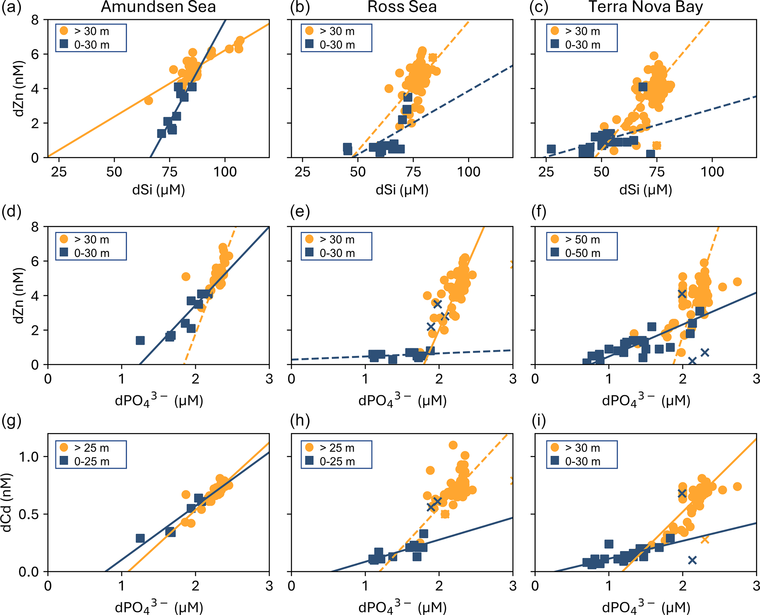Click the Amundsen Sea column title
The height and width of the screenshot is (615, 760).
pos(158,7)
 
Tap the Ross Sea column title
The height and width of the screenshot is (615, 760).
pos(402,7)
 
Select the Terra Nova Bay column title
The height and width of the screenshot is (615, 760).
pos(646,7)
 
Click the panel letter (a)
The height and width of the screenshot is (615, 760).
pos(11,7)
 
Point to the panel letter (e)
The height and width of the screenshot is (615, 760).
pos(300,212)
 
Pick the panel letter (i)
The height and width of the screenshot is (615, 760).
pos(539,420)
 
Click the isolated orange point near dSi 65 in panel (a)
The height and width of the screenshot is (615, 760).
pos(148,100)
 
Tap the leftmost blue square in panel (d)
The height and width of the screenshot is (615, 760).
pos(140,340)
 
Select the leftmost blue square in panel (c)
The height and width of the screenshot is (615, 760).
pos(551,149)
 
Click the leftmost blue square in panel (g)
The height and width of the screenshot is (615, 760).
pos(140,538)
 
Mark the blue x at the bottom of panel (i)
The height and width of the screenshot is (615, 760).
pos(692,560)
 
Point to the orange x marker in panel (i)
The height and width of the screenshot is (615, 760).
pos(705,540)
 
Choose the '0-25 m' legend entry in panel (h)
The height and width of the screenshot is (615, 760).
pos(337,462)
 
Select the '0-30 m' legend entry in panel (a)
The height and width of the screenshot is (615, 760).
pos(92,45)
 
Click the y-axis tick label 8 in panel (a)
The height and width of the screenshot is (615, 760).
pos(35,20)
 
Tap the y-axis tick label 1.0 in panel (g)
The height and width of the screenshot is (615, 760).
pos(29,457)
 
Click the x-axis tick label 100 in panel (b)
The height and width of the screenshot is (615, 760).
pos(468,172)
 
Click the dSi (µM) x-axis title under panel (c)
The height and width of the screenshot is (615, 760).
pos(646,190)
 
